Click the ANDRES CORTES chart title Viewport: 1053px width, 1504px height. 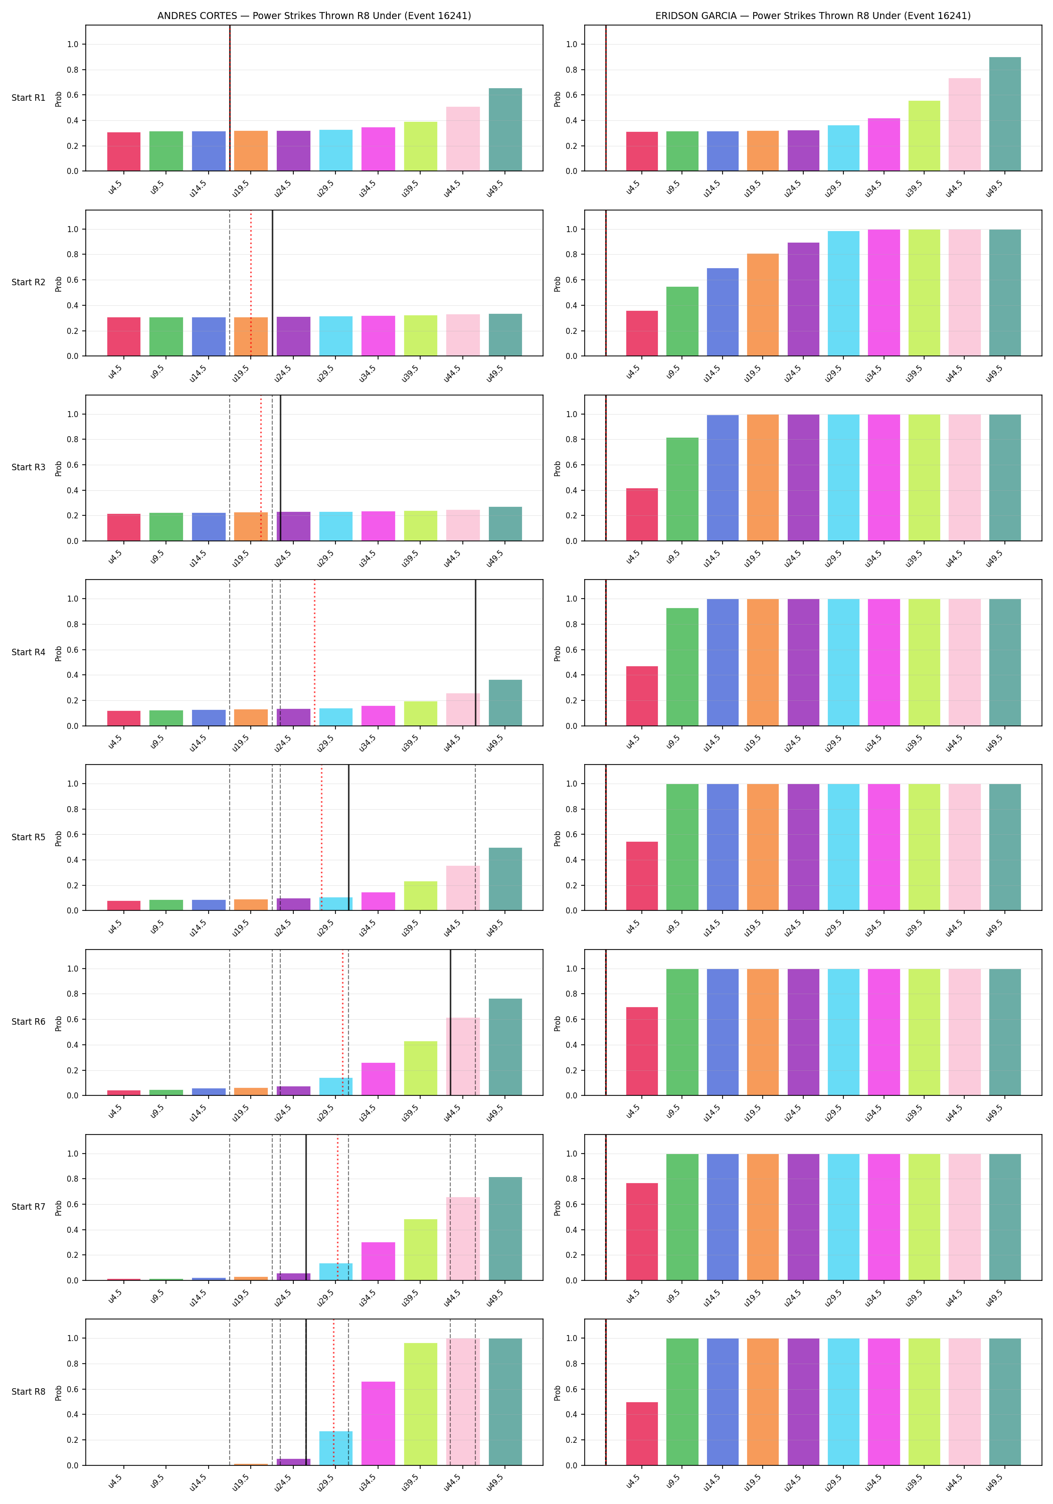(x=314, y=16)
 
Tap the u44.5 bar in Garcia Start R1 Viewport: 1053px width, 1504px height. (x=965, y=124)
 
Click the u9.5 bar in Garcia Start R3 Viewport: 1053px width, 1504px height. (x=682, y=489)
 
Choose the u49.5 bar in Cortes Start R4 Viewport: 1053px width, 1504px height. (x=505, y=703)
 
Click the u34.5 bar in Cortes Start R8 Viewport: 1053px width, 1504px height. (x=378, y=1423)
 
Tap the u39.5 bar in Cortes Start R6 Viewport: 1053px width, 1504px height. (x=421, y=1068)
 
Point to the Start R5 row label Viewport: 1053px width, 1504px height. (x=28, y=837)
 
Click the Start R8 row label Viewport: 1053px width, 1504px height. (x=28, y=1391)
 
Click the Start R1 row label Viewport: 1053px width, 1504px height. (x=28, y=98)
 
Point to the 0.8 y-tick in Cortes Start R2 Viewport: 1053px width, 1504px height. (x=72, y=254)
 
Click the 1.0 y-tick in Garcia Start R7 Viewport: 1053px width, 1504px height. (x=572, y=1154)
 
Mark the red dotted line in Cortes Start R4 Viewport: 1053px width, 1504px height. (x=314, y=652)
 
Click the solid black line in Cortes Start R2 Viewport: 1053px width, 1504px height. (x=273, y=283)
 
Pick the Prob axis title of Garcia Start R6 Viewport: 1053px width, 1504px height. (x=558, y=1023)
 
